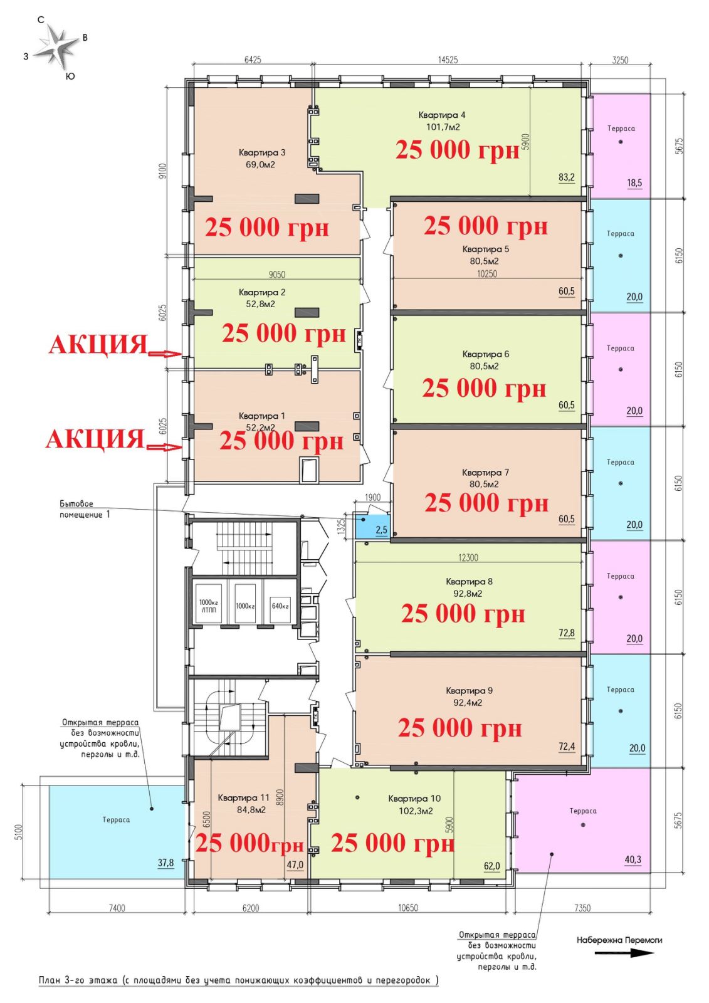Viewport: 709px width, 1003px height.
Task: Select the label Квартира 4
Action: click(441, 115)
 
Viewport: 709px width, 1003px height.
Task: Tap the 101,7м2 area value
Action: click(443, 127)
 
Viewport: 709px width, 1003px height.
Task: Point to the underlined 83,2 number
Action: click(566, 177)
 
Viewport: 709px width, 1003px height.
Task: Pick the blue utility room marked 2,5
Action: click(372, 527)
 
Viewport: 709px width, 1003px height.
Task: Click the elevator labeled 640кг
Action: click(280, 606)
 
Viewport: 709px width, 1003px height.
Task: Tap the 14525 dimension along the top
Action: click(448, 60)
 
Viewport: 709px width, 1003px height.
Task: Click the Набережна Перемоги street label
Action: click(619, 940)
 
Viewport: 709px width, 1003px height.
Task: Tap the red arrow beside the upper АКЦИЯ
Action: click(164, 354)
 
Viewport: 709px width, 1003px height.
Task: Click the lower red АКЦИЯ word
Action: click(95, 439)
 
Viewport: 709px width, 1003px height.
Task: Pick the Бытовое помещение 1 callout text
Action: click(85, 509)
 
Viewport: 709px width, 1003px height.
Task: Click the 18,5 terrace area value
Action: click(634, 182)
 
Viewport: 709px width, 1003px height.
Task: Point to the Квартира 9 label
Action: click(469, 690)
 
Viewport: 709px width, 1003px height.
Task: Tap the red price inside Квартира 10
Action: click(393, 843)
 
